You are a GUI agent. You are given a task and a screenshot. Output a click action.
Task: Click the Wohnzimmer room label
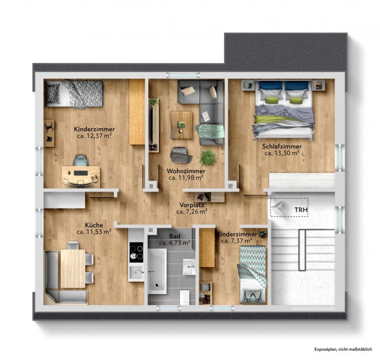pos(186,171)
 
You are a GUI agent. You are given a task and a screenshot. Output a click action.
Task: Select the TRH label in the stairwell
pos(301,210)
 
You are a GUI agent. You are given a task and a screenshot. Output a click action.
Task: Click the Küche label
pos(94,225)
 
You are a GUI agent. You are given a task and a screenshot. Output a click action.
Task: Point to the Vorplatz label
pos(192,205)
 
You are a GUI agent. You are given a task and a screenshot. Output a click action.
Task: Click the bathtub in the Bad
pos(157,271)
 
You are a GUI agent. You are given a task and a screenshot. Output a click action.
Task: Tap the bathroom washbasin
pos(189,267)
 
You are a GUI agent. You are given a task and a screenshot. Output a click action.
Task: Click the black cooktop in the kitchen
pos(136,252)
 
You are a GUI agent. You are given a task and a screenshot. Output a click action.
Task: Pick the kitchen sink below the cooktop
pos(136,272)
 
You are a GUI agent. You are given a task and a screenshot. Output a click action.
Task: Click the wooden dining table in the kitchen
pos(73,269)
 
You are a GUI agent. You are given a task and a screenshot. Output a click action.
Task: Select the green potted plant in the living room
pos(207,158)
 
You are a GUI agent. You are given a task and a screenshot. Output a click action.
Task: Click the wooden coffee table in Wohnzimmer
pos(181,125)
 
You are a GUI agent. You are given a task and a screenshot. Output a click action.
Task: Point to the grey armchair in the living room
pos(181,155)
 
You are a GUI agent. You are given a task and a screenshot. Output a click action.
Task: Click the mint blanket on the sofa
pos(210,131)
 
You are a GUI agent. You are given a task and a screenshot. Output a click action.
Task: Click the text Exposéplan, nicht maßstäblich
pos(343,349)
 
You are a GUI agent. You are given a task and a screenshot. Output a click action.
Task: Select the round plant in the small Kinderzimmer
pos(262,234)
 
